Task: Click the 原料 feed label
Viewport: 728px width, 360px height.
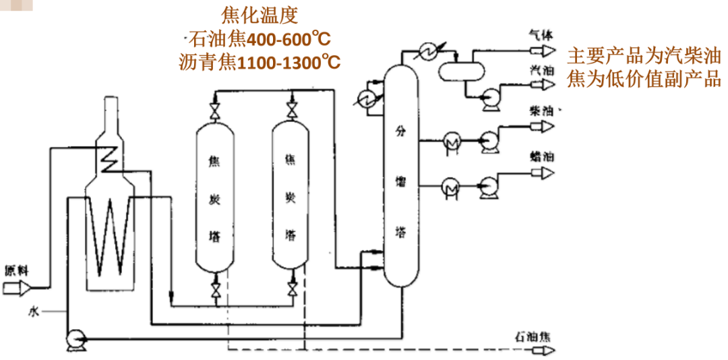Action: click(x=16, y=270)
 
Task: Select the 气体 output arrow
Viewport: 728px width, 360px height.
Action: click(x=545, y=50)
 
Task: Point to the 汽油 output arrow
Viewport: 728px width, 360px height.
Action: click(x=545, y=84)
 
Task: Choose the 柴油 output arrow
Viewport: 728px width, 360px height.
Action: click(x=545, y=126)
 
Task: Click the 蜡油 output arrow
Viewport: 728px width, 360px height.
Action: click(x=545, y=173)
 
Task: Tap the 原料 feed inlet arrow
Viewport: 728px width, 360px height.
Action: click(x=16, y=289)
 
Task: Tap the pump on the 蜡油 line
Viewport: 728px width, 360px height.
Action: click(x=487, y=185)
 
